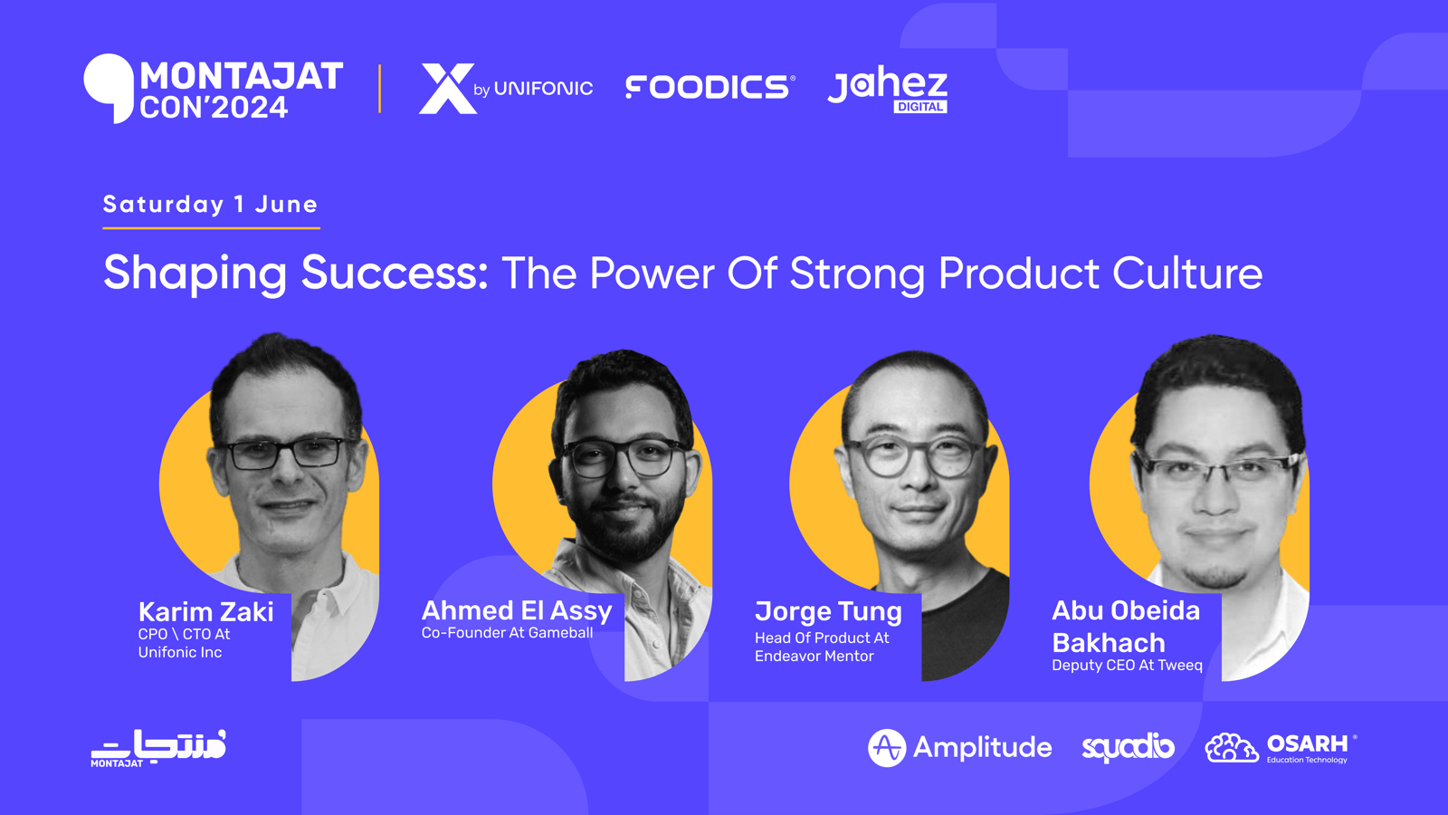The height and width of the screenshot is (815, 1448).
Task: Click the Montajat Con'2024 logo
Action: click(x=214, y=89)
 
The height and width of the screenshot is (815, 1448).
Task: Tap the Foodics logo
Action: click(x=710, y=87)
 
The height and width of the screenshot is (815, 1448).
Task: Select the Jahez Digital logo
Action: click(x=888, y=90)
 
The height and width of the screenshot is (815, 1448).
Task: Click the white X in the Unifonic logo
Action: click(x=447, y=89)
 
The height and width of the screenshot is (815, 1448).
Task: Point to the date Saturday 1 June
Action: click(x=210, y=205)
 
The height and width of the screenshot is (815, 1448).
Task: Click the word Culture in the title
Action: click(x=1186, y=273)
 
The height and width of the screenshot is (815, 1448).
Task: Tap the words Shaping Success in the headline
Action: click(x=295, y=273)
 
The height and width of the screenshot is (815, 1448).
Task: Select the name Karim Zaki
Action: click(x=205, y=612)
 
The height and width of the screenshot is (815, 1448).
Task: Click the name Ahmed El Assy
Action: click(x=517, y=610)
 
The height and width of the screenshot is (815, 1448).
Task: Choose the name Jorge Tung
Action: click(x=828, y=612)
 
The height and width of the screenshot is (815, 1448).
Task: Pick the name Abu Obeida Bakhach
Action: click(x=1126, y=627)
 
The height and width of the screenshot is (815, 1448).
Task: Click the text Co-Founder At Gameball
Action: click(x=507, y=633)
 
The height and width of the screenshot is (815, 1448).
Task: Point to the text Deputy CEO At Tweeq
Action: click(x=1127, y=666)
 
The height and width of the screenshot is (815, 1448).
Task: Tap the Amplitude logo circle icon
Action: click(x=887, y=748)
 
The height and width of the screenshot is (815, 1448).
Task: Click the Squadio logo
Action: click(x=1128, y=748)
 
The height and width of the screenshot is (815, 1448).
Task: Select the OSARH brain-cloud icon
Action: click(x=1232, y=748)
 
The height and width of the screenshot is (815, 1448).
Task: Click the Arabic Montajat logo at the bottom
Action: click(x=158, y=748)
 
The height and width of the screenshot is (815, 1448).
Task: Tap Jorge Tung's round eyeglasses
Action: click(x=914, y=456)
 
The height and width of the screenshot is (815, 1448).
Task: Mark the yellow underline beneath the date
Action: click(x=212, y=227)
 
